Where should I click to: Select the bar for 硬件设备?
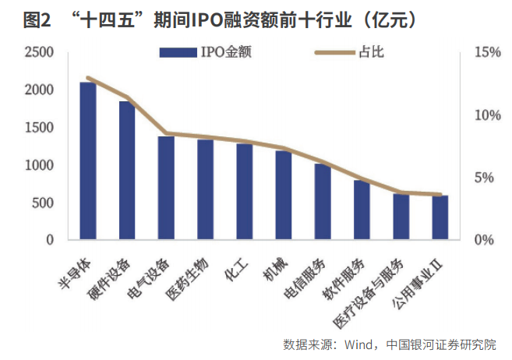click(x=127, y=171)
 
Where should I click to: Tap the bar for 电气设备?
click(x=166, y=188)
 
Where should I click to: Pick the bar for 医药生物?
click(x=205, y=189)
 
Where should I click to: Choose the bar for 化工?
click(x=245, y=192)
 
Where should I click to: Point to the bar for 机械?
click(x=284, y=195)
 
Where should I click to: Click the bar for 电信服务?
click(x=323, y=202)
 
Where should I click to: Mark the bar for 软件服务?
click(x=362, y=210)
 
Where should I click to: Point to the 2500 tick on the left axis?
click(x=39, y=52)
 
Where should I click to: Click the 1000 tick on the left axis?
click(x=39, y=165)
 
